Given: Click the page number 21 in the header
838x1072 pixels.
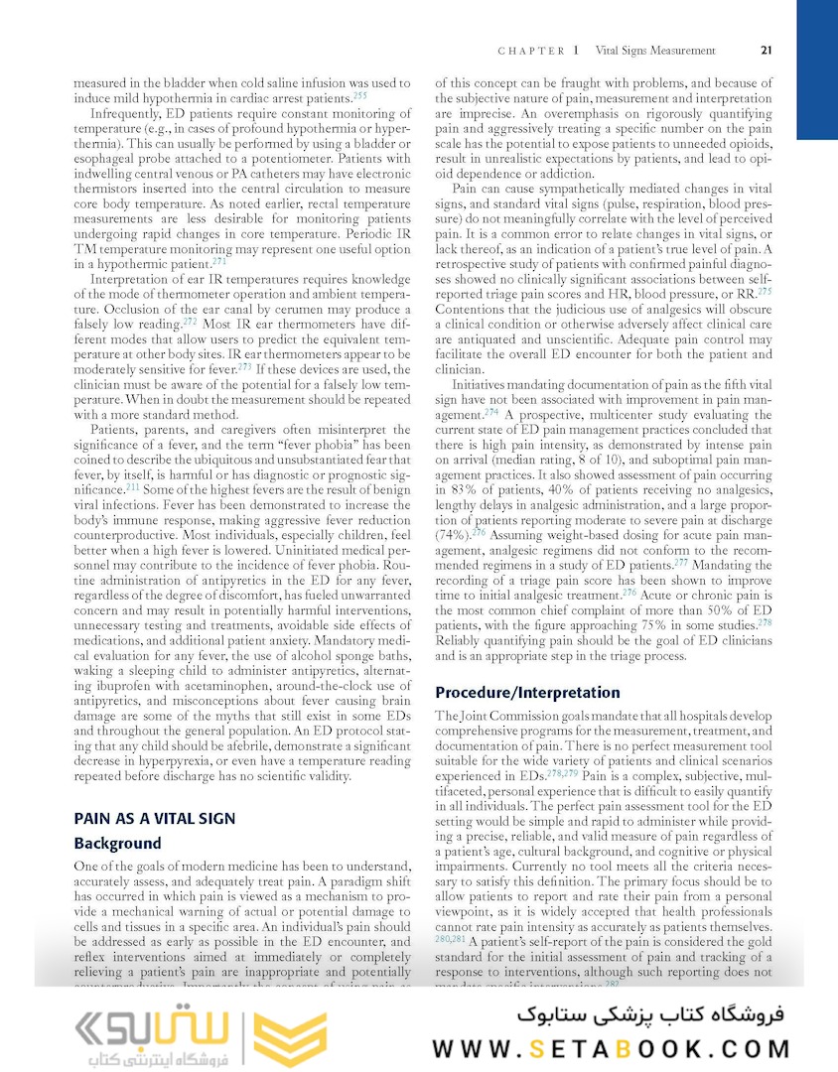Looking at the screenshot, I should pyautogui.click(x=767, y=51).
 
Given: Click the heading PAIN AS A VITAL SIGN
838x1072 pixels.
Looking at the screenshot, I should pyautogui.click(x=155, y=818).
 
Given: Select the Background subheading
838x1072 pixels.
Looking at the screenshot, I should pyautogui.click(x=117, y=844).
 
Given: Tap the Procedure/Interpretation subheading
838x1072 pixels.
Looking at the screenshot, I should pyautogui.click(x=527, y=692).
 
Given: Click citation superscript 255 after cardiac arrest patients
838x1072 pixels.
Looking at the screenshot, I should pyautogui.click(x=359, y=96).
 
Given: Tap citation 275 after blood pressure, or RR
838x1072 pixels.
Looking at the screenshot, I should pyautogui.click(x=765, y=292).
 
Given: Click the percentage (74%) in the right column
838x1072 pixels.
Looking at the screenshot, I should pyautogui.click(x=453, y=533).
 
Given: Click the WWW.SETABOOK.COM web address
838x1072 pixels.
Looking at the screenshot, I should pyautogui.click(x=612, y=1049).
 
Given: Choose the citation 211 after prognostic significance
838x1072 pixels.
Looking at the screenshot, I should pyautogui.click(x=133, y=488).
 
